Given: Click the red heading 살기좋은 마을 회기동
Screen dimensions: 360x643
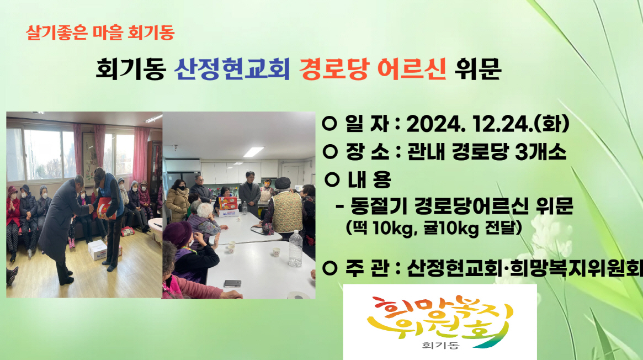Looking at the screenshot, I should point(100,33).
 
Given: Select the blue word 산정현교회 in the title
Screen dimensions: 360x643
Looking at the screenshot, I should point(232,70).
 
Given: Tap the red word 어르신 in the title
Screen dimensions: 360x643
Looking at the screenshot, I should point(412,70).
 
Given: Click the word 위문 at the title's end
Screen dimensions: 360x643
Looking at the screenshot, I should point(478,70).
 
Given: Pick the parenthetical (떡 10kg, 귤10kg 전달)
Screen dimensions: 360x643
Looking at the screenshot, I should point(434,227).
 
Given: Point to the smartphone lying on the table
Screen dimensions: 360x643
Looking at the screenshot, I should point(232,283).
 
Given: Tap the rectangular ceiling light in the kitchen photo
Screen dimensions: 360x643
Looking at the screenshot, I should point(254,151).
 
